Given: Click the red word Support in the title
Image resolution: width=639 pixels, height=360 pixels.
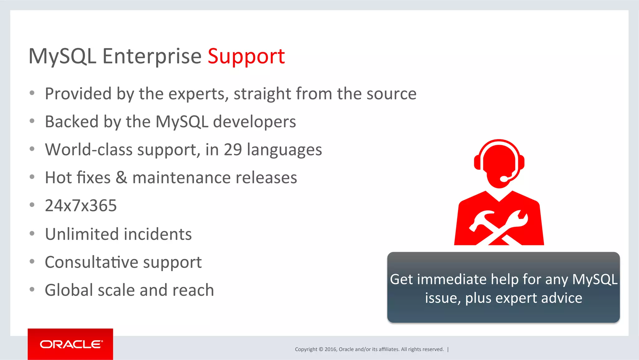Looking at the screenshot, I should click(246, 57).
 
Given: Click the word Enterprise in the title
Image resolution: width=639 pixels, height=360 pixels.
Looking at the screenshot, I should click(152, 57).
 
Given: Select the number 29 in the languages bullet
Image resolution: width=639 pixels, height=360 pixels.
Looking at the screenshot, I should click(233, 150).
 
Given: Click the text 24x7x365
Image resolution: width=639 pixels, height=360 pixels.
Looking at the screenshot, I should click(81, 206).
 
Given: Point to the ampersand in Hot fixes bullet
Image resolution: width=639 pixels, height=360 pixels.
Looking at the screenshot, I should click(121, 178).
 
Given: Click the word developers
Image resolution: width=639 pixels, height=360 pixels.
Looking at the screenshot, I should click(254, 122).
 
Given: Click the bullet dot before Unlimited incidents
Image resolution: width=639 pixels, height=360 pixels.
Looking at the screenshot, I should click(32, 234).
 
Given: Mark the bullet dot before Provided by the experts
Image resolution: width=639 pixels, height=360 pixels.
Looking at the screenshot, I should click(32, 93).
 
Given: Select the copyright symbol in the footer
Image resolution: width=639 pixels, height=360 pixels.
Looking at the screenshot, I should click(321, 349).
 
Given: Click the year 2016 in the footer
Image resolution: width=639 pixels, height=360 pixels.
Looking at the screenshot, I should click(330, 349).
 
